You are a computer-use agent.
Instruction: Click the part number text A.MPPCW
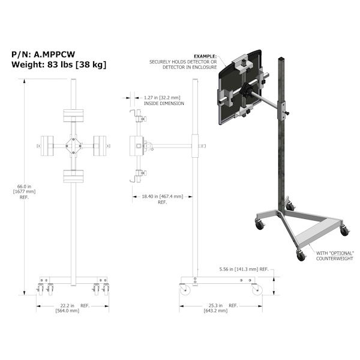point(55,55)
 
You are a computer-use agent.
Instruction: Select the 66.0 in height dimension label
point(24,187)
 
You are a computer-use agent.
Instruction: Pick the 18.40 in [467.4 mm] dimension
point(163,197)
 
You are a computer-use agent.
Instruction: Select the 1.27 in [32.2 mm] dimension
point(162,98)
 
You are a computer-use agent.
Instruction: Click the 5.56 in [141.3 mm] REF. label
point(244,269)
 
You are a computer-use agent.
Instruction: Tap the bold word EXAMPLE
point(205,56)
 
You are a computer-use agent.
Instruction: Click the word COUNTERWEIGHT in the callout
point(335,259)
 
